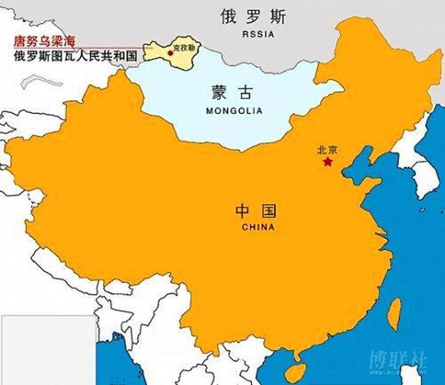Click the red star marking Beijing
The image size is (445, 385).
(x=327, y=162)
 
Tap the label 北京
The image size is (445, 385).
(x=327, y=150)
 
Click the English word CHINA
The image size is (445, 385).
(x=258, y=227)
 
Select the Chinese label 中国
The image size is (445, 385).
(x=256, y=211)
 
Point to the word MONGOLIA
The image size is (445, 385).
(x=234, y=111)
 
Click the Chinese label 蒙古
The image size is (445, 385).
(x=232, y=92)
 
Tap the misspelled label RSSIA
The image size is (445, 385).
(x=258, y=34)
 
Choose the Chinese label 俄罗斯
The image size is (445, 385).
(x=253, y=17)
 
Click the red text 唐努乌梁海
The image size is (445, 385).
(x=44, y=42)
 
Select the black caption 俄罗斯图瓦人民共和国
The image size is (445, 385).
(x=75, y=56)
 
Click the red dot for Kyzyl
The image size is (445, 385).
(x=170, y=53)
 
